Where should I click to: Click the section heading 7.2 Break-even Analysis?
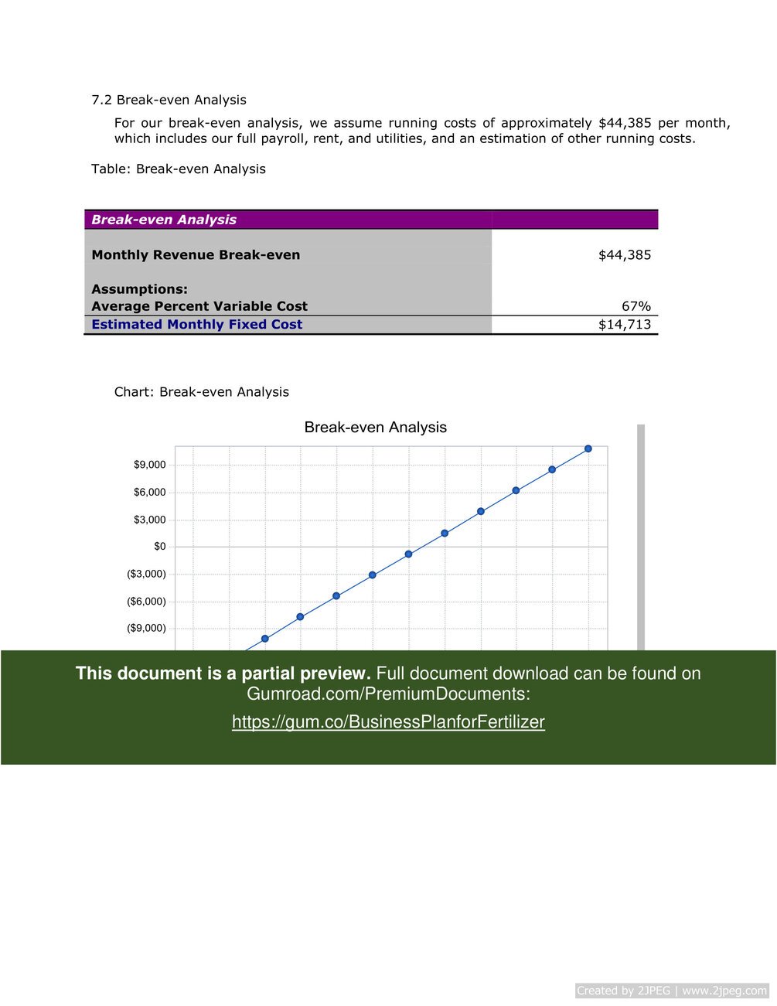coord(169,100)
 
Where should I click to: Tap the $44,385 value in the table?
coord(625,255)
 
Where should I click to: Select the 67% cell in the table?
coord(636,306)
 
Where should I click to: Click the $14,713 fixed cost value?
coord(625,325)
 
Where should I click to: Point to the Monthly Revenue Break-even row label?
coord(196,255)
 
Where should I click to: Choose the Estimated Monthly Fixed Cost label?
coord(196,325)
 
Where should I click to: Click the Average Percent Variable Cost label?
coord(199,306)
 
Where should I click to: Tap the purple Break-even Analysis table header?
coord(164,220)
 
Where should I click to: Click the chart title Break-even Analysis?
coord(375,428)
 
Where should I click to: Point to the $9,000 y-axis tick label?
coord(150,465)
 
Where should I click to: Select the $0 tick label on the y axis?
coord(160,547)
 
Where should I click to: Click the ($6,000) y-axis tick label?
coord(146,602)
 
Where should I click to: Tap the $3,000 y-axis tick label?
coord(150,520)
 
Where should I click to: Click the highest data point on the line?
coord(588,448)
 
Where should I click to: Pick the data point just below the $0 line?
coord(408,554)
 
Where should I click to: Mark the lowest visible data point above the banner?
coord(265,639)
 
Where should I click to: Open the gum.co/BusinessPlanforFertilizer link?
coord(388,722)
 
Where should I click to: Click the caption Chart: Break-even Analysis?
coord(201,392)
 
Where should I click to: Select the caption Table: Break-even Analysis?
coord(178,169)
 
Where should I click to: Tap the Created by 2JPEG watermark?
coord(671,991)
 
